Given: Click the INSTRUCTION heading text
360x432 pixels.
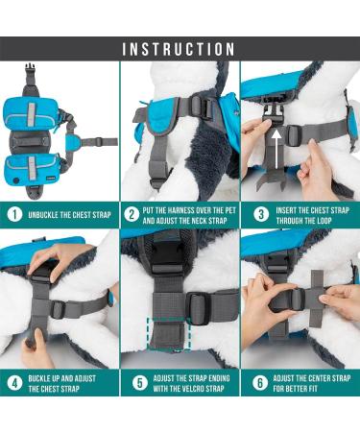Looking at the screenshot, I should point(180,48).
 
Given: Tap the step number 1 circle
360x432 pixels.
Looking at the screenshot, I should point(14,214).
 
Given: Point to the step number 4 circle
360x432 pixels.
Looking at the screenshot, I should point(14,382).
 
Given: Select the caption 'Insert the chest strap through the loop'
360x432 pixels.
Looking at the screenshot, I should point(306,214).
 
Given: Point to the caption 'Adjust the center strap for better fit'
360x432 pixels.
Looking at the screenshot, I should point(306,382).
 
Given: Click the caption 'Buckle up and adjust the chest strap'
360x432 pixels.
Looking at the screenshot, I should point(63,382).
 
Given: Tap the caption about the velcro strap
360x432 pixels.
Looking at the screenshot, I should point(187,382).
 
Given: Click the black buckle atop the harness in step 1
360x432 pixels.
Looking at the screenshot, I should point(29,73).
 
